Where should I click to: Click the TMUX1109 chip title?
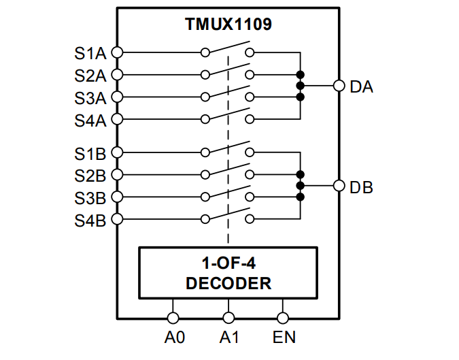[x=228, y=24]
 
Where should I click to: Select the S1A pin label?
[x=90, y=52]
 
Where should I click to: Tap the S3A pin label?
[x=90, y=97]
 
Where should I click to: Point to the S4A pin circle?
[x=117, y=120]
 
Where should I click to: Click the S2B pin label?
[x=90, y=176]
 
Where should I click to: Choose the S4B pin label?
[x=90, y=220]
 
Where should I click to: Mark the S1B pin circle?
[x=117, y=152]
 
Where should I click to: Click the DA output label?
[x=361, y=86]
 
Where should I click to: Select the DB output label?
[x=361, y=186]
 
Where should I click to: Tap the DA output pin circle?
[x=339, y=86]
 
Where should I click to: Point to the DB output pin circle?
[x=339, y=186]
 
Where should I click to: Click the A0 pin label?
[x=174, y=337]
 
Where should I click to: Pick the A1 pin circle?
[x=228, y=317]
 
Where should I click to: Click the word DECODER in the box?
[x=228, y=283]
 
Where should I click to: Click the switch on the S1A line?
[x=228, y=49]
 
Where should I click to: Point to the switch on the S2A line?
[x=228, y=71]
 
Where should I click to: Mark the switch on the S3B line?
[x=228, y=194]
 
